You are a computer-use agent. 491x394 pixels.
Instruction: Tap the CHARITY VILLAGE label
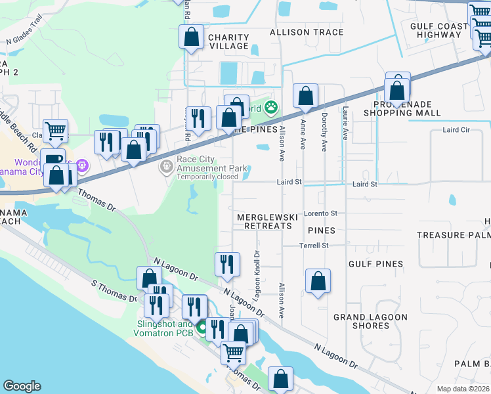click(x=228, y=41)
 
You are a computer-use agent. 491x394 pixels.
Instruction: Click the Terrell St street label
click(x=314, y=246)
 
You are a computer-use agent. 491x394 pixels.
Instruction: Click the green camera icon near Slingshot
click(x=203, y=325)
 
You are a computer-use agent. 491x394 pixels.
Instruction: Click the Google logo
click(x=21, y=386)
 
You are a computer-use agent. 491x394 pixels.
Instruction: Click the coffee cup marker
click(x=53, y=160)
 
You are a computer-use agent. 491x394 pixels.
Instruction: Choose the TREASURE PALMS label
click(x=453, y=235)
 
